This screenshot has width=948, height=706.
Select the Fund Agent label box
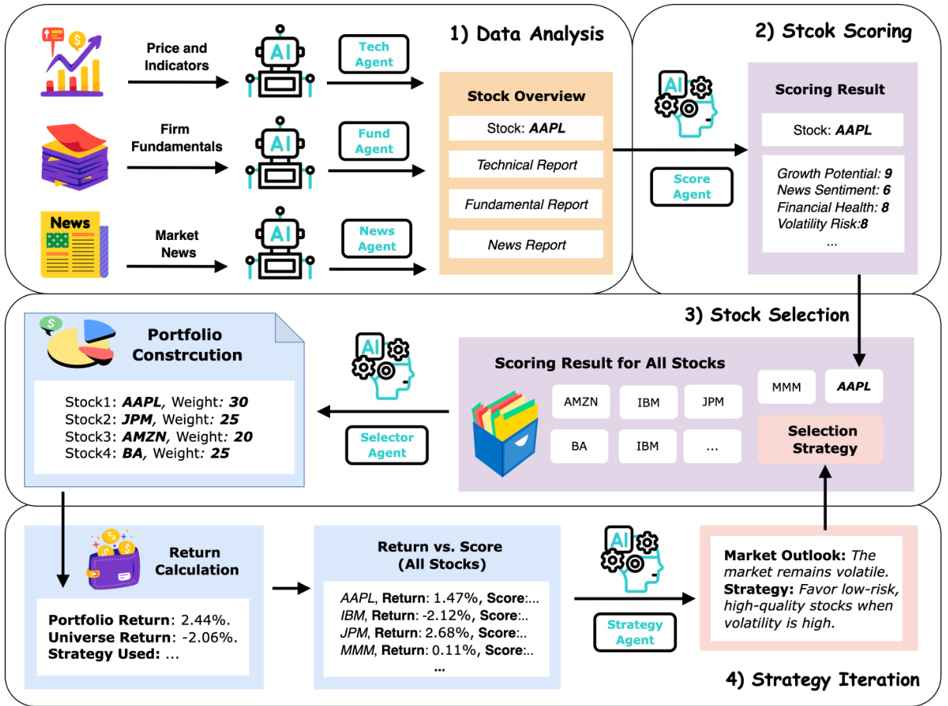pyautogui.click(x=373, y=141)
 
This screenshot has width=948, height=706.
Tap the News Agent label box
pyautogui.click(x=377, y=238)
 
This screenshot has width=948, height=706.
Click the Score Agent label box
pyautogui.click(x=692, y=187)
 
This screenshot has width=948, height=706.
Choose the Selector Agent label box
pyautogui.click(x=387, y=445)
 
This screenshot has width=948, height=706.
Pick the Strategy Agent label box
pyautogui.click(x=635, y=632)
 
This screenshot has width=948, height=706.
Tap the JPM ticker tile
pyautogui.click(x=713, y=402)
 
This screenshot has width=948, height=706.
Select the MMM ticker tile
pyautogui.click(x=787, y=386)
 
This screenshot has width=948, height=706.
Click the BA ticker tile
pyautogui.click(x=580, y=446)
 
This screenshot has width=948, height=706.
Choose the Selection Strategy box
pyautogui.click(x=822, y=440)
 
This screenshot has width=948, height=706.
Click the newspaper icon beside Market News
pyautogui.click(x=75, y=244)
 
